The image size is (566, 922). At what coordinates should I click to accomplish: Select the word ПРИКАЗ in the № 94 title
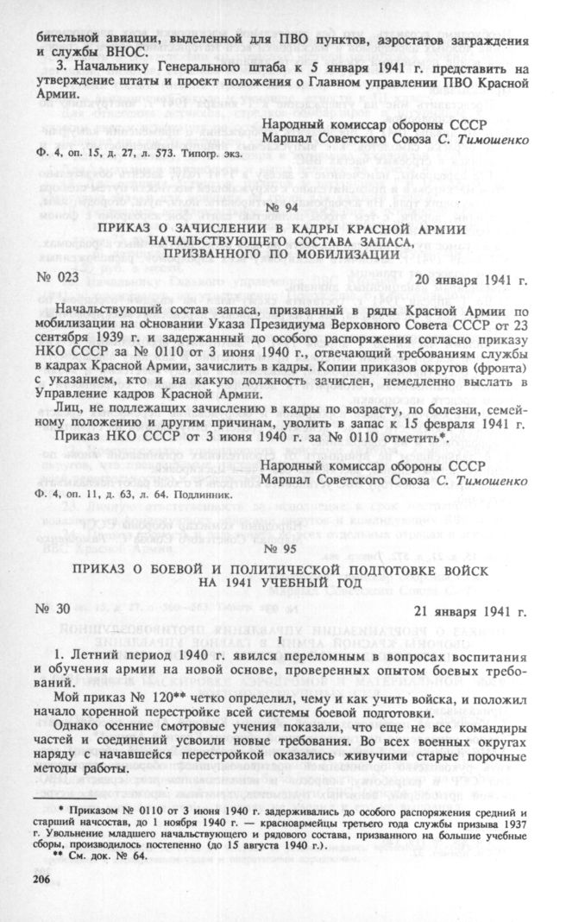click(x=125, y=228)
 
